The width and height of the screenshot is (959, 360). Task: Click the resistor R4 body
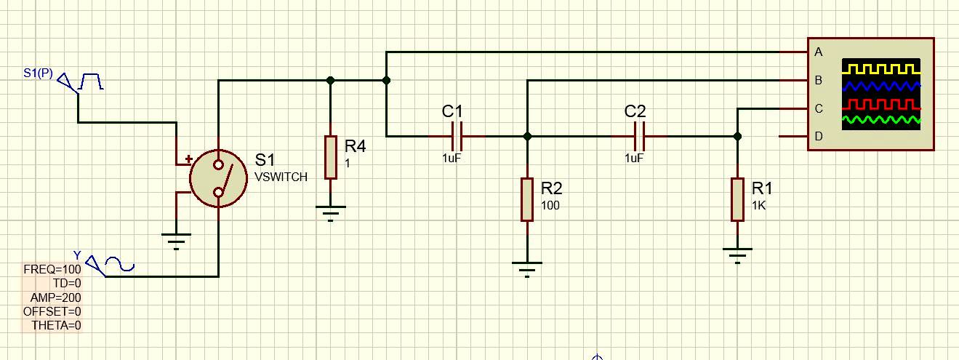coord(331,157)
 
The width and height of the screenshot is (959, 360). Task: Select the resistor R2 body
coord(527,199)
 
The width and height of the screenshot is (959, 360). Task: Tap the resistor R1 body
coord(737,199)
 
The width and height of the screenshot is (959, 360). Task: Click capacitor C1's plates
coord(457,137)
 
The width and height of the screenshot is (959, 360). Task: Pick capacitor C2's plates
coord(639,137)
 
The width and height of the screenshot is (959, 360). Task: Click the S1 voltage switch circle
coord(218,178)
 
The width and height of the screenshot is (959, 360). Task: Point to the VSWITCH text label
coord(281,177)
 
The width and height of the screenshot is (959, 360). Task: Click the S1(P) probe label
coord(38,73)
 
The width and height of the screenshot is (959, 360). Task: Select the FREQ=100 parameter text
coord(52,269)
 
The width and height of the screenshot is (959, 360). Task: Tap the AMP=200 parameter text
coord(56,297)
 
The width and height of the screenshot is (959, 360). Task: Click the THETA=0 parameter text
coord(56,325)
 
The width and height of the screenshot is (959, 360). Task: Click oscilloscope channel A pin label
coord(819,52)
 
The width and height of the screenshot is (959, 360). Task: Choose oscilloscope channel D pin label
coord(819,136)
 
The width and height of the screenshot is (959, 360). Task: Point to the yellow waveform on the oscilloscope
coord(881,69)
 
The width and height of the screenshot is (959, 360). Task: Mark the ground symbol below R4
coord(331,214)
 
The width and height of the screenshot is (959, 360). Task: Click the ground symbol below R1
coord(737,256)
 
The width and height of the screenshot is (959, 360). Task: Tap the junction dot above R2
coord(527,137)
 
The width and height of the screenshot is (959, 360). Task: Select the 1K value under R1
coord(758,206)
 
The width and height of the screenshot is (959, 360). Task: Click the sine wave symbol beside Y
coord(120,264)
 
